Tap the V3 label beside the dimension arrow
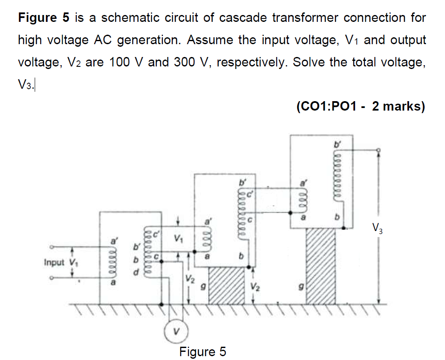click(x=377, y=228)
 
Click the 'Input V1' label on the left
click(x=60, y=262)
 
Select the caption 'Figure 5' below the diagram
click(x=203, y=352)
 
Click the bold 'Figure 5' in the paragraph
click(x=43, y=18)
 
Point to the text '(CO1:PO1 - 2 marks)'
click(x=360, y=106)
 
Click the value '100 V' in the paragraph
click(x=127, y=63)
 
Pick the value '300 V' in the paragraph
click(x=192, y=63)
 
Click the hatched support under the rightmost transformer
click(x=321, y=266)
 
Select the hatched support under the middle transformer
click(x=226, y=285)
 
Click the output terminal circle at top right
click(x=378, y=150)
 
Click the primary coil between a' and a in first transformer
click(x=113, y=263)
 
